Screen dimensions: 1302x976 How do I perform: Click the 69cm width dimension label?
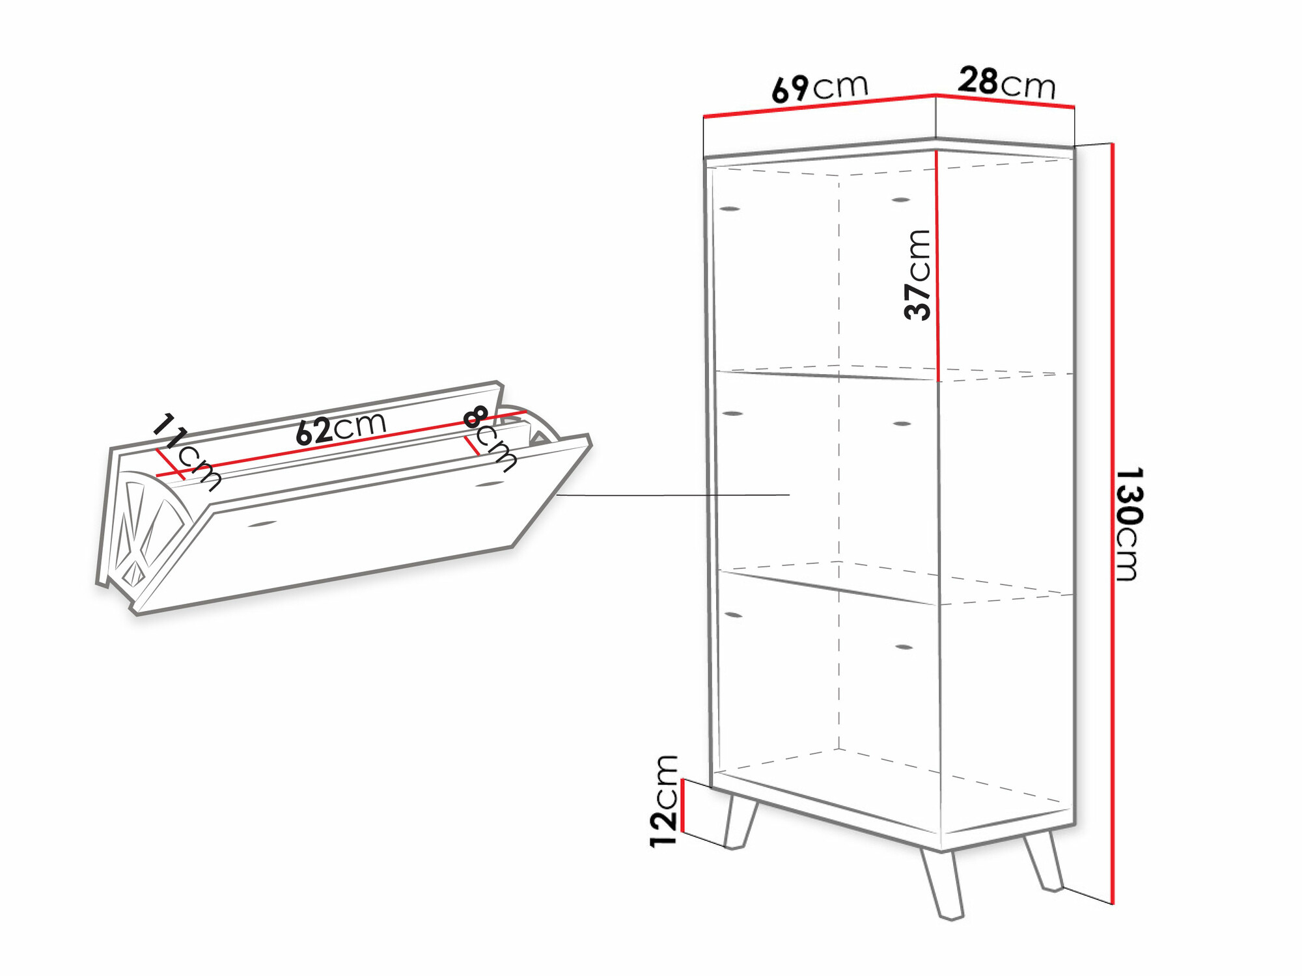[820, 88]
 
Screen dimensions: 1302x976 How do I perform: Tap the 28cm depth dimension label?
[1006, 83]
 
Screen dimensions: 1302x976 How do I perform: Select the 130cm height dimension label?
[1129, 523]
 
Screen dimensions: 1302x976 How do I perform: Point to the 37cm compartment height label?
[918, 275]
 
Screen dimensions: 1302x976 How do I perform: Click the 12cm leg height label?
[664, 801]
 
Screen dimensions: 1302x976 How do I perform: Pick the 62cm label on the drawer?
[341, 429]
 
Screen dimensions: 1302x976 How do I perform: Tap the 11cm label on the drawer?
[187, 452]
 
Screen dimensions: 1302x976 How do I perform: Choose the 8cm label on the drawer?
[490, 439]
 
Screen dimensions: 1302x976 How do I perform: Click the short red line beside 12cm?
[682, 806]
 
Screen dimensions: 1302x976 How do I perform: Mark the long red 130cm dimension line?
[1113, 523]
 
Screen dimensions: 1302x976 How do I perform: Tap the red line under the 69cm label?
[820, 106]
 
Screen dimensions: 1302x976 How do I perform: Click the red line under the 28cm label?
[1005, 101]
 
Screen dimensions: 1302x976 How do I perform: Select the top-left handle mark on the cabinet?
[730, 209]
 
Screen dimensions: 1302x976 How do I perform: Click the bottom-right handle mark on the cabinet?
[904, 647]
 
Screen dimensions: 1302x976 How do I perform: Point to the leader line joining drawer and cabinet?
[673, 495]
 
